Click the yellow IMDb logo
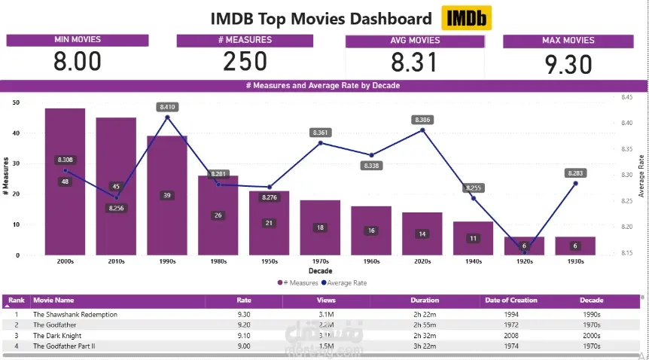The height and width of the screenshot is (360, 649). click(x=467, y=19)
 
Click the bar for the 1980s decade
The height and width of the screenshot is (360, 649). click(x=218, y=226)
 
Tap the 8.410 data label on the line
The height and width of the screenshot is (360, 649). click(x=167, y=107)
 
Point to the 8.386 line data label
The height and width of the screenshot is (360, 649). click(x=422, y=120)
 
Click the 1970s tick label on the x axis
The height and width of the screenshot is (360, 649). click(x=320, y=262)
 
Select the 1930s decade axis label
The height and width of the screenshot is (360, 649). click(x=575, y=262)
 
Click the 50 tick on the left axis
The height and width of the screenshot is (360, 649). click(x=16, y=102)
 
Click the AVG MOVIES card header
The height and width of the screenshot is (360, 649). click(x=415, y=41)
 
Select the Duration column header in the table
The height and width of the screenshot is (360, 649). click(x=425, y=300)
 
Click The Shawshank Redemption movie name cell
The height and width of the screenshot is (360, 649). click(x=75, y=314)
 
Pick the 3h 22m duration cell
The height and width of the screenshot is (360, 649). click(x=425, y=346)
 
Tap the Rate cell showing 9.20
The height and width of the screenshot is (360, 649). click(x=243, y=325)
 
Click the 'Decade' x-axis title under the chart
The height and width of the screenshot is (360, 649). click(x=320, y=271)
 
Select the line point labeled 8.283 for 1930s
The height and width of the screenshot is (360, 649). click(x=575, y=183)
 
